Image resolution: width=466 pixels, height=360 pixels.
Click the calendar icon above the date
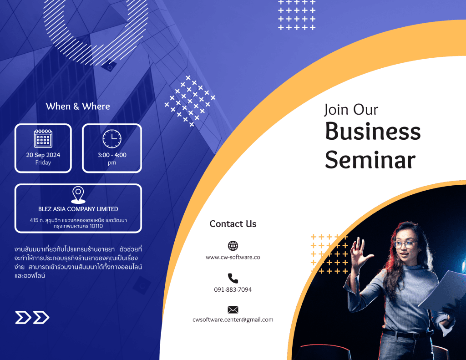(43, 138)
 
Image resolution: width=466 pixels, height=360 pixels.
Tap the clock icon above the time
(112, 138)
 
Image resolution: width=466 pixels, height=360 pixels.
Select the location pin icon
(78, 195)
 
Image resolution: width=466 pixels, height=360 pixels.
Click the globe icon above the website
(233, 246)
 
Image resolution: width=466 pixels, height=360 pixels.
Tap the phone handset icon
(233, 278)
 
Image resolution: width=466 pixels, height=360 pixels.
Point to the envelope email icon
(233, 310)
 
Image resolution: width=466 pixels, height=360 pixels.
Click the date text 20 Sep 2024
(43, 155)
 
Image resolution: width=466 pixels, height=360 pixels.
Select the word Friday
(43, 162)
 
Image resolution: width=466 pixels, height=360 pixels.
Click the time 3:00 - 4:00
(112, 155)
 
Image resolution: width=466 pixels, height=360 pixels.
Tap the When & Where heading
(78, 106)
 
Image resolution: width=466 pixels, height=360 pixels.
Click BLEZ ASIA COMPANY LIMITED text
(78, 209)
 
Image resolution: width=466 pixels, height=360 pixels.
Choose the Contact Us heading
(233, 223)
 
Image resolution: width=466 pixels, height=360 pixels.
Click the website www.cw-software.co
(233, 257)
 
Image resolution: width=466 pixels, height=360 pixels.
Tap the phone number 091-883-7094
(233, 289)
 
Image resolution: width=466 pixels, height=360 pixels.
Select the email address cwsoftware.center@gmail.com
(233, 319)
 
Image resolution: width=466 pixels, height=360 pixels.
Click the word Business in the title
(373, 131)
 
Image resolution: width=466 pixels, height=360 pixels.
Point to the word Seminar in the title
(370, 160)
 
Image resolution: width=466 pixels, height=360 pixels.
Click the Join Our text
(351, 109)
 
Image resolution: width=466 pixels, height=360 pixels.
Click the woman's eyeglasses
(405, 244)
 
